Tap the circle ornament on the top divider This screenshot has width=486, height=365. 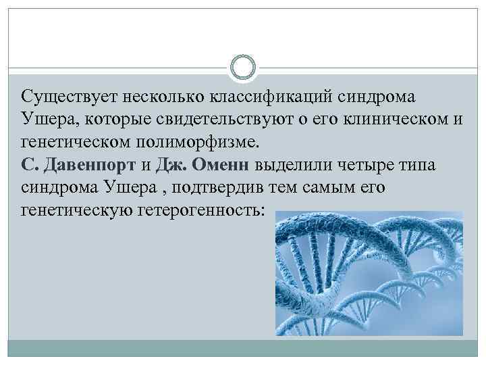243,68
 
